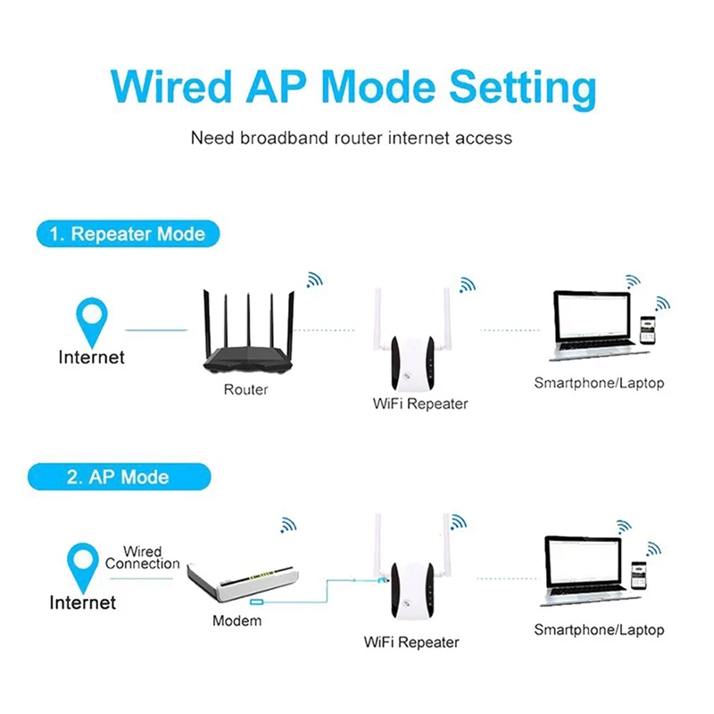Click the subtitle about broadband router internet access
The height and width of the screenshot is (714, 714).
(x=352, y=138)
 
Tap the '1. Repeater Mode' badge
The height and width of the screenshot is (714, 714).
(x=127, y=235)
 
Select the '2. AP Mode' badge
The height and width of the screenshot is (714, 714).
(x=118, y=477)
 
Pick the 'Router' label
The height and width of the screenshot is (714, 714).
(x=245, y=389)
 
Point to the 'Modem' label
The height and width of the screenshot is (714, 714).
(x=237, y=620)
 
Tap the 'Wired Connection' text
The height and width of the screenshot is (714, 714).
(x=142, y=558)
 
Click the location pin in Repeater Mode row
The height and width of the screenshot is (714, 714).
(x=92, y=320)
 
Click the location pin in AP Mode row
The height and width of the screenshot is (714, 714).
(x=84, y=565)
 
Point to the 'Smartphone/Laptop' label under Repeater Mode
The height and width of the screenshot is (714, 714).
(x=599, y=384)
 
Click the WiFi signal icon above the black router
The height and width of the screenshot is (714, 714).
(x=314, y=280)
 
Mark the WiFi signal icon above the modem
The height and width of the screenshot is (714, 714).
(x=289, y=525)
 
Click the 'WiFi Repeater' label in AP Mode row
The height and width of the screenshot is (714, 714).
(x=411, y=642)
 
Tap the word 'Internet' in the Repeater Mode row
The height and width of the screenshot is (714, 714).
(x=91, y=358)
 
